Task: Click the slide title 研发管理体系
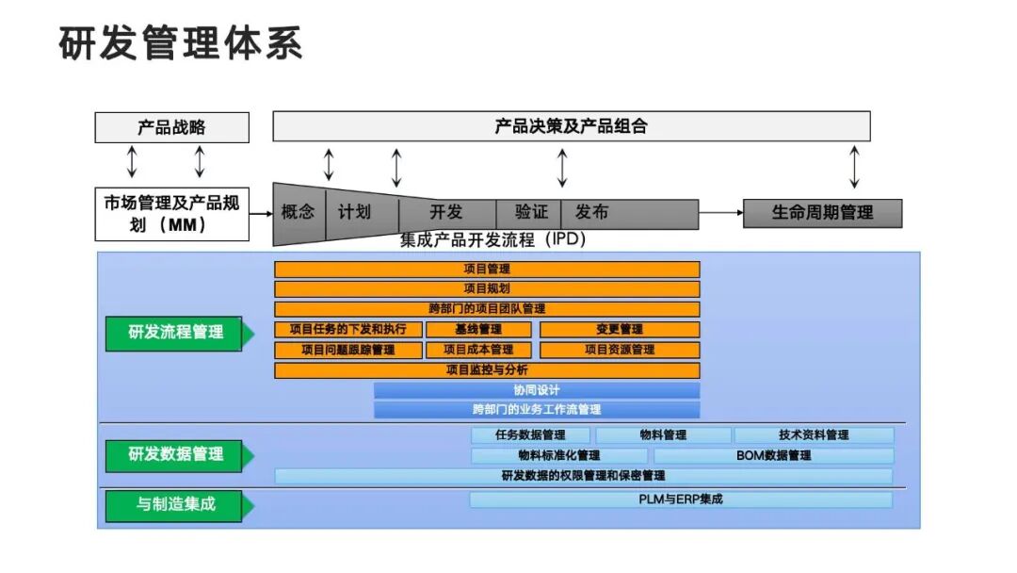(181, 43)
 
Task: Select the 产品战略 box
(171, 127)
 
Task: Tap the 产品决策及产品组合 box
(571, 126)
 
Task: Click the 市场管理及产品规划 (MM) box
(171, 213)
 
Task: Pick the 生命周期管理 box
(822, 213)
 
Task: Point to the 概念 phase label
(299, 212)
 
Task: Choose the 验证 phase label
(531, 212)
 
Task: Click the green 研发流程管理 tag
(176, 333)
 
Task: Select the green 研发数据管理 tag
(176, 454)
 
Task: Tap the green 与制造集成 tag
(176, 504)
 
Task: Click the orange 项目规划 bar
(487, 288)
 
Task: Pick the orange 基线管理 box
(478, 329)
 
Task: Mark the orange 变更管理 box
(620, 329)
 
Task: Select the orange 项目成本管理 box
(478, 350)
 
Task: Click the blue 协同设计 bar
(537, 390)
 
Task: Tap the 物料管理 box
(663, 435)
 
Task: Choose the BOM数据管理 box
(773, 455)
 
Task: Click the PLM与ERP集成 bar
(680, 499)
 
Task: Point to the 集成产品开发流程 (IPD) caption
(492, 239)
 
